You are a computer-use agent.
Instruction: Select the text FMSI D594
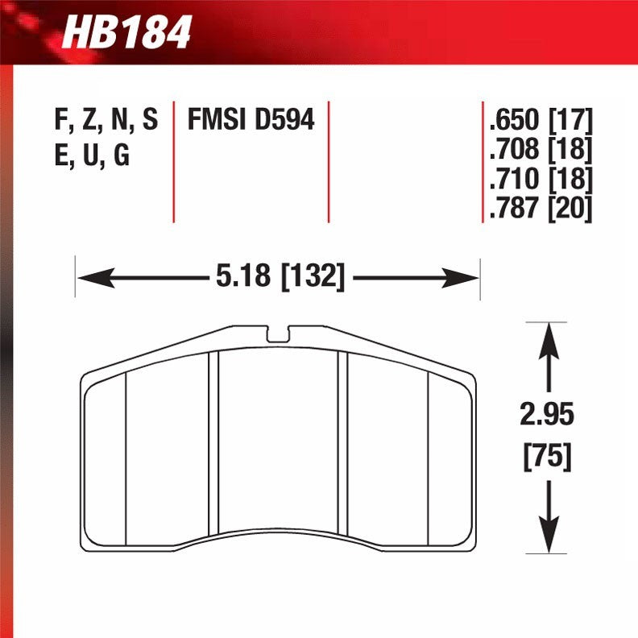(x=251, y=120)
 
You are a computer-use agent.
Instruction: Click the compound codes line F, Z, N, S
(x=106, y=120)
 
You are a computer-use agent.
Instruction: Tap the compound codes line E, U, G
(x=92, y=155)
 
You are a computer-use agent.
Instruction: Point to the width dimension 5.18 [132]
(x=280, y=278)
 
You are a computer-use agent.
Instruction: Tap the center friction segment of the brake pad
(x=279, y=443)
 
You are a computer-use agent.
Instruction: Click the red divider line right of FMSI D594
(x=329, y=161)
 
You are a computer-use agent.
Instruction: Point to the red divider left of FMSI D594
(x=174, y=161)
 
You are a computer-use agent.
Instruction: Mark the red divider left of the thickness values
(x=482, y=161)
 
